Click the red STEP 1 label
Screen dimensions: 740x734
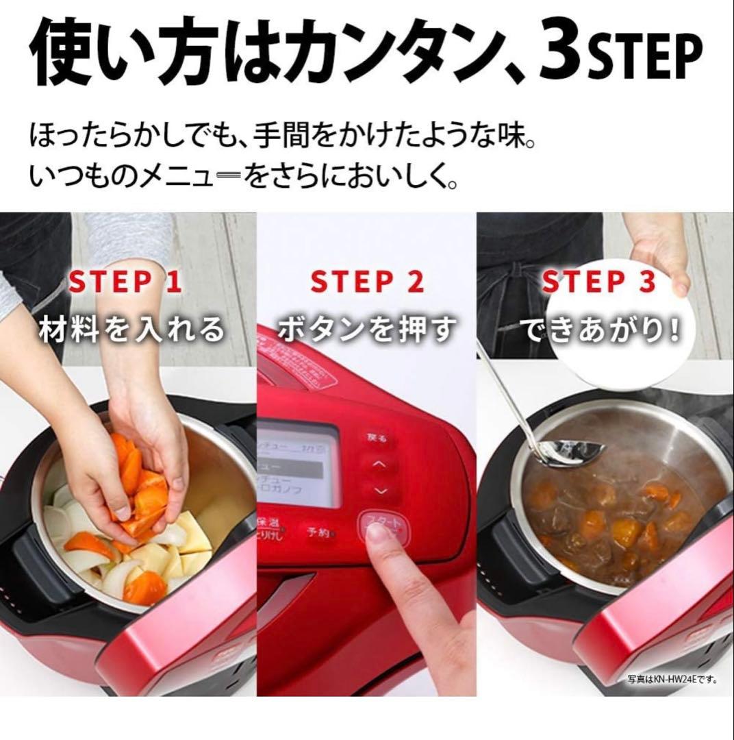(126, 282)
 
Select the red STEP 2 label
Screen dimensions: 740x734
(367, 282)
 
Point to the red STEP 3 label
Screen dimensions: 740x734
(598, 282)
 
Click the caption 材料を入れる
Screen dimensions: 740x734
(132, 330)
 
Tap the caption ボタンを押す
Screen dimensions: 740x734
(367, 330)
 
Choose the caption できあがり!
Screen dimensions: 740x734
(603, 330)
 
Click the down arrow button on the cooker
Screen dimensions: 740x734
(382, 491)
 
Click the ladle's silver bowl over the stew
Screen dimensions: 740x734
(572, 453)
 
